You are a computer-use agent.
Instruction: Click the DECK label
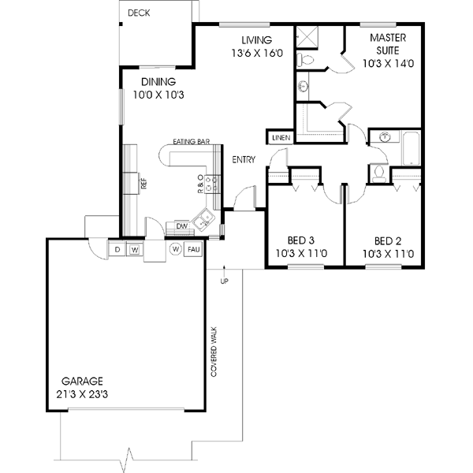pyautogui.click(x=139, y=13)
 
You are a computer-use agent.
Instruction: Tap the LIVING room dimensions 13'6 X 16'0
pyautogui.click(x=257, y=53)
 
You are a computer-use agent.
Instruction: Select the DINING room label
pyautogui.click(x=158, y=82)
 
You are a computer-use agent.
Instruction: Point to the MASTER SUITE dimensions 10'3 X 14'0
pyautogui.click(x=388, y=63)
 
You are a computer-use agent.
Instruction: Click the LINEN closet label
pyautogui.click(x=281, y=138)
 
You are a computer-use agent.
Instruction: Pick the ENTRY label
pyautogui.click(x=244, y=159)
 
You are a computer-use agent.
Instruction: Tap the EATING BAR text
pyautogui.click(x=192, y=141)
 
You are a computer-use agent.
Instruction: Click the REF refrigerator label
pyautogui.click(x=143, y=184)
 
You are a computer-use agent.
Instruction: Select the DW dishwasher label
pyautogui.click(x=182, y=226)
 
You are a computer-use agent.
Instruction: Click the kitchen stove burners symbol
pyautogui.click(x=212, y=184)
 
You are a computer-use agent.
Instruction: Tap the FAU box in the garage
pyautogui.click(x=193, y=249)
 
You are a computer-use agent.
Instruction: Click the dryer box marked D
pyautogui.click(x=117, y=249)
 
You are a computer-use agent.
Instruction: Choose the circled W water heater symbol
pyautogui.click(x=176, y=249)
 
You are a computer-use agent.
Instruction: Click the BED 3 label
pyautogui.click(x=301, y=240)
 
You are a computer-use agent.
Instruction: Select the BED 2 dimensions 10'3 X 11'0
pyautogui.click(x=388, y=254)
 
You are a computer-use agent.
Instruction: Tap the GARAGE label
pyautogui.click(x=82, y=382)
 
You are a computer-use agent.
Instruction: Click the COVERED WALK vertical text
pyautogui.click(x=214, y=352)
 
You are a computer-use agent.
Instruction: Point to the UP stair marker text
pyautogui.click(x=224, y=281)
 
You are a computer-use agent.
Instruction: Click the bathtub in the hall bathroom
pyautogui.click(x=411, y=148)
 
